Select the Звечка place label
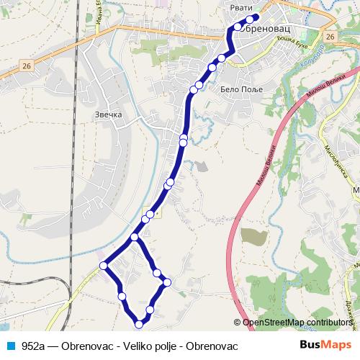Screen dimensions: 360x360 point(108,114)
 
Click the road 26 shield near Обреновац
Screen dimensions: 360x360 point(330,37)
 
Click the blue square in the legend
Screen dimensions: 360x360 point(11,346)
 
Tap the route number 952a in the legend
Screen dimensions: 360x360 point(34,346)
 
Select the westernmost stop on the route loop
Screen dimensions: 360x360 point(104,266)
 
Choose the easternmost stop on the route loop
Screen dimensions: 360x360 point(167,282)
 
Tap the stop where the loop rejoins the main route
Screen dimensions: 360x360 point(135,237)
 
